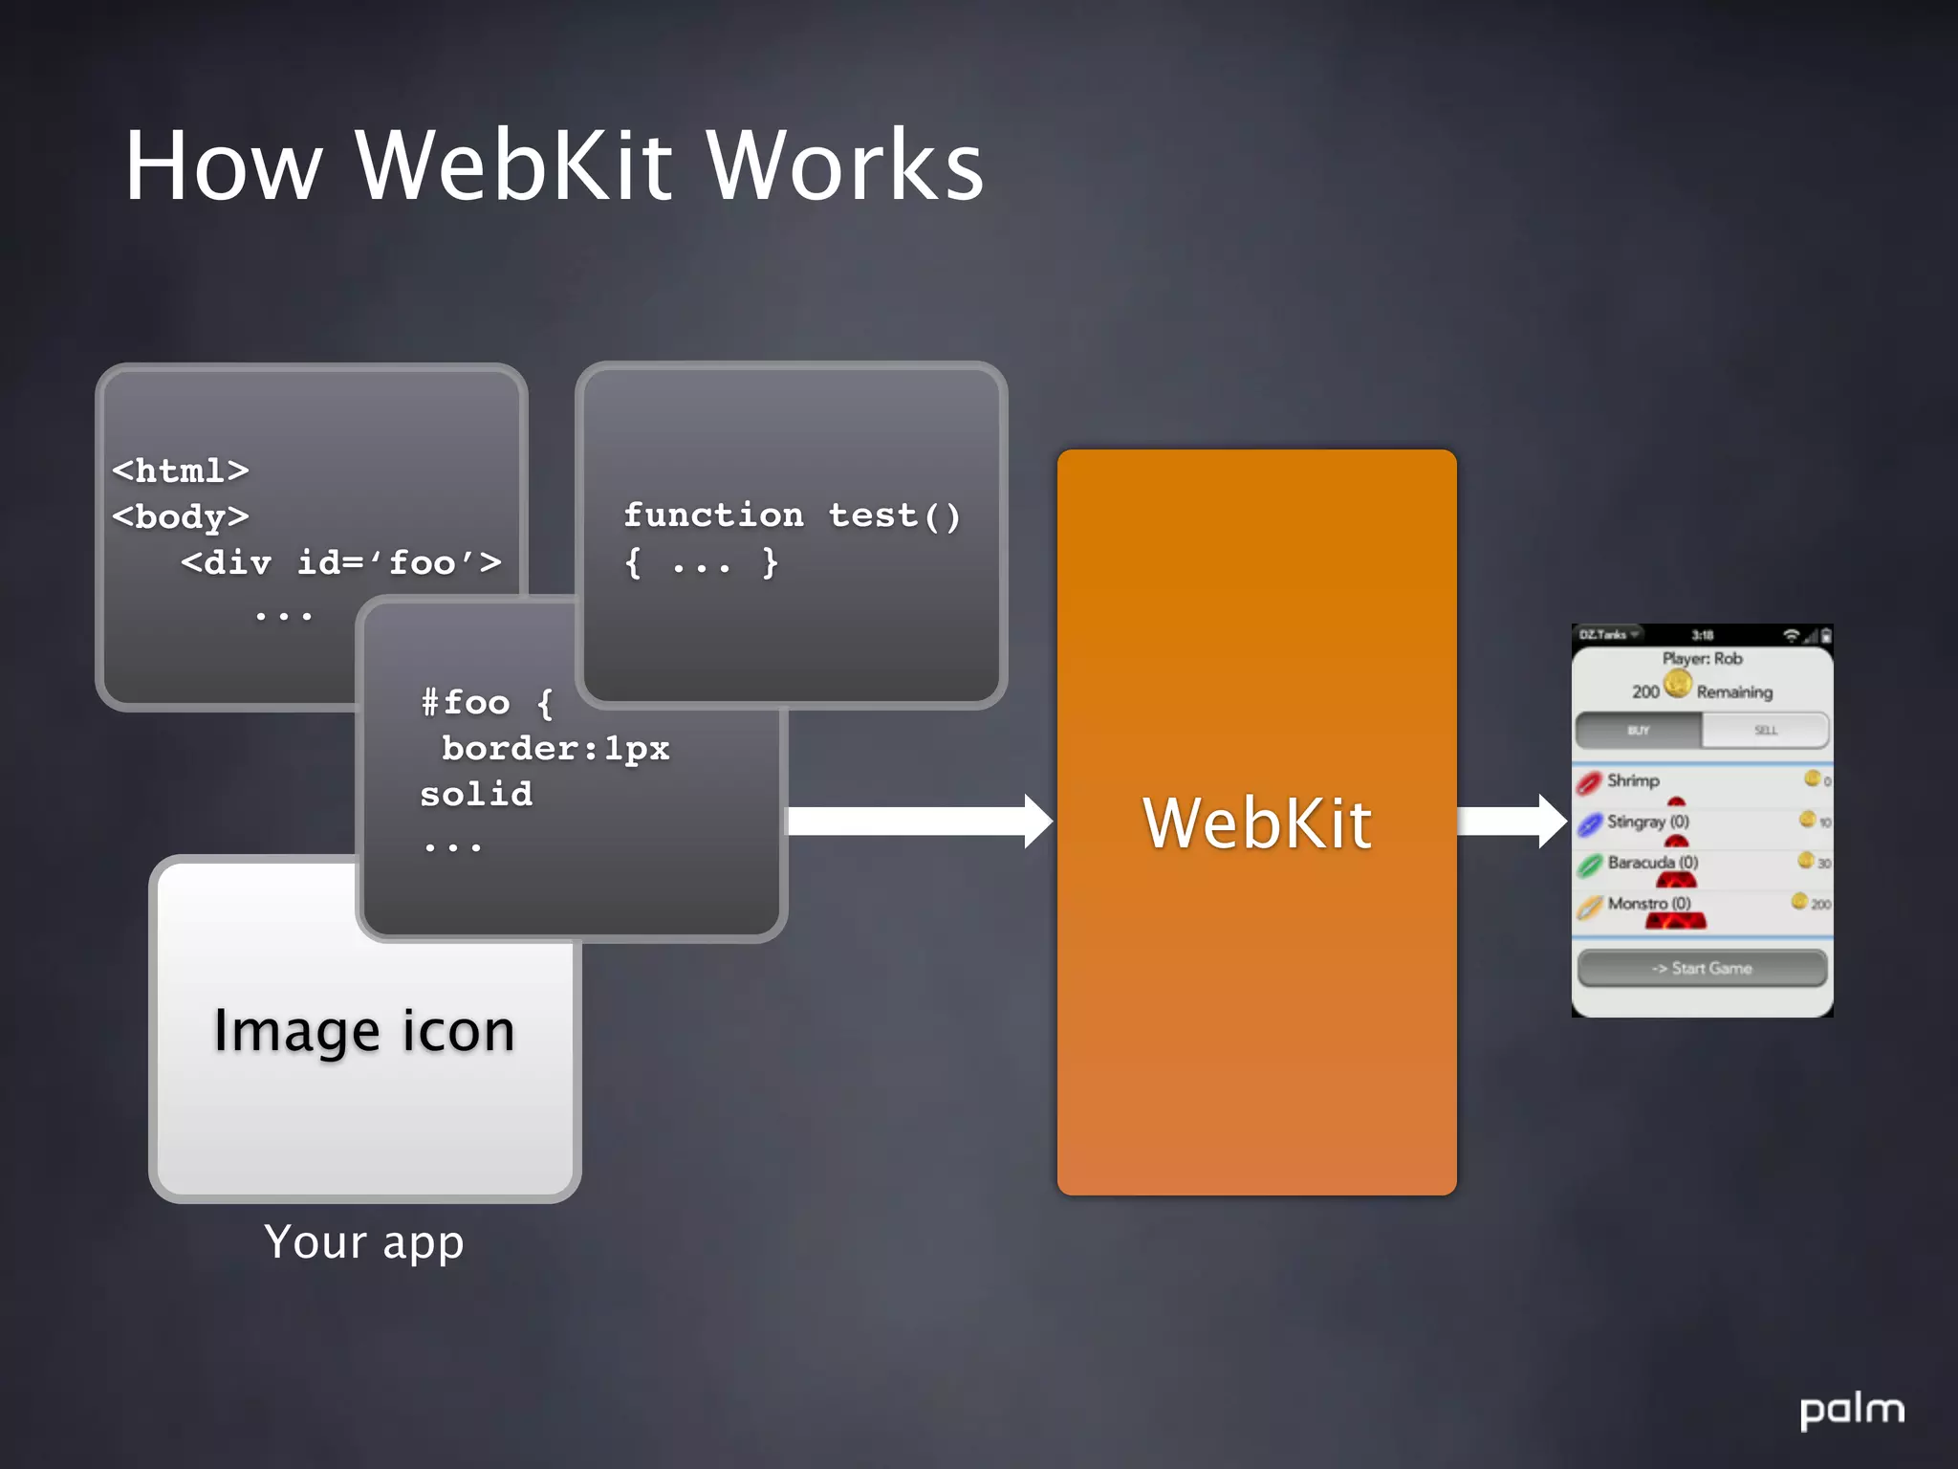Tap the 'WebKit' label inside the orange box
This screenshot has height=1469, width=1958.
1256,823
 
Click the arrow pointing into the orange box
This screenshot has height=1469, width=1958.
918,821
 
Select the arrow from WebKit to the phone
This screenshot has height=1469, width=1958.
1511,821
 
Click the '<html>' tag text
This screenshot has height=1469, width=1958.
181,471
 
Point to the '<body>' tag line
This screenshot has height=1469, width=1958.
181,516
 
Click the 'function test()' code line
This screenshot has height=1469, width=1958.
792,515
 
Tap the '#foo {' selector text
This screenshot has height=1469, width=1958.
487,703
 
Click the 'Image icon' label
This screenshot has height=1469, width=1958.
363,1031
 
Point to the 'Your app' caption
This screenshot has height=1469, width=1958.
364,1242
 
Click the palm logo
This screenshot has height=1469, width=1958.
1851,1411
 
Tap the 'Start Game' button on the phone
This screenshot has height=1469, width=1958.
1702,968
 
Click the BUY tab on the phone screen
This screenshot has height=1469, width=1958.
1639,731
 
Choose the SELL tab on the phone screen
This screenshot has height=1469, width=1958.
1765,731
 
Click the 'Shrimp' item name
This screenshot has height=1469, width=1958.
1633,780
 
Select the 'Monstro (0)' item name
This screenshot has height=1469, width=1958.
1649,903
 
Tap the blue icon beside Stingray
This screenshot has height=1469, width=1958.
1589,823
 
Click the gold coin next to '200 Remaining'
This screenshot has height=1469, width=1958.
1677,684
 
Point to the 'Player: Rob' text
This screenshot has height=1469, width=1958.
1702,659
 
